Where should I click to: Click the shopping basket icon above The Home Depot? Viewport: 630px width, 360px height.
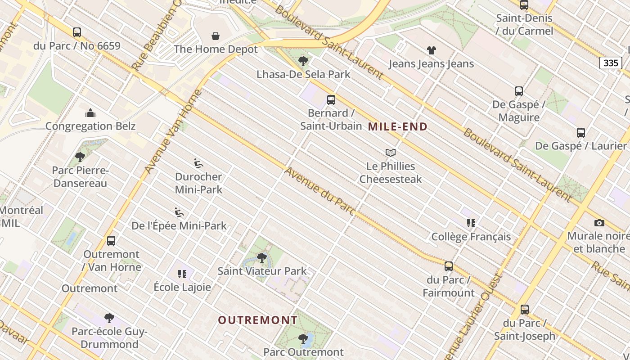point(216,36)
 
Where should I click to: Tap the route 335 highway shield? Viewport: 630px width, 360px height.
point(610,63)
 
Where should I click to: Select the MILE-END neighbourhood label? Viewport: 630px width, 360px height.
point(397,127)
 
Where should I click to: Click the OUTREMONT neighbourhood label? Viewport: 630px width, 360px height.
point(258,320)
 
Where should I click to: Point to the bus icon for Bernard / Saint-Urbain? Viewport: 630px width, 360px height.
point(331,100)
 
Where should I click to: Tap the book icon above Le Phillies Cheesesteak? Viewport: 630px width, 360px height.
point(390,153)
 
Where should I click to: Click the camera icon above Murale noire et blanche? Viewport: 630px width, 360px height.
point(599,223)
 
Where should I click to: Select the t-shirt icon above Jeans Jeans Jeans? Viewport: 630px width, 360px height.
point(431,50)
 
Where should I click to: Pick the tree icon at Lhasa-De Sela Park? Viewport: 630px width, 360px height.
point(303,61)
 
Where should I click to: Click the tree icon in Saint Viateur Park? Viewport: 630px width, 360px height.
point(261,258)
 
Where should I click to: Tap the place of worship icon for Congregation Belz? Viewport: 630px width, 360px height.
point(90,112)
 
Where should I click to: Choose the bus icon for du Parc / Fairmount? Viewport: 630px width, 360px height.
point(448,266)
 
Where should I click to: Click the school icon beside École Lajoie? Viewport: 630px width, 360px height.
point(182,274)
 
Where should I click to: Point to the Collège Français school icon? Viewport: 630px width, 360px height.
point(471,223)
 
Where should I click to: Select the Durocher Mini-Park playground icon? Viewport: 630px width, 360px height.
point(198,163)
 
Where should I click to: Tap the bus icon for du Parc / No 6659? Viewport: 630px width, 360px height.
point(76,32)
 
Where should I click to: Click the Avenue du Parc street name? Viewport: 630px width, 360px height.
point(320,191)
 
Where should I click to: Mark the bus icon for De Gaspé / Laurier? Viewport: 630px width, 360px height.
point(580,133)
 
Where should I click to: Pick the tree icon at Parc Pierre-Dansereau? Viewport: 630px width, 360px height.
point(80,157)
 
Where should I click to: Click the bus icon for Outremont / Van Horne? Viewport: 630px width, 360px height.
point(111,241)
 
